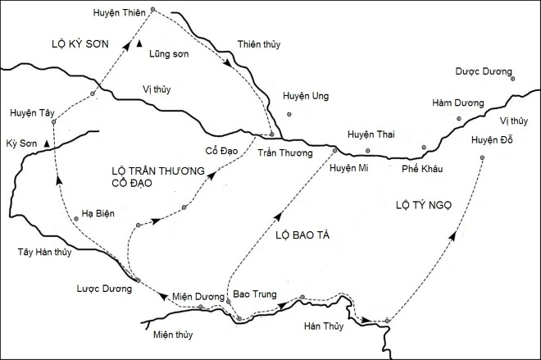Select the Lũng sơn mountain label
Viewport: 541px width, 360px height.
(x=170, y=56)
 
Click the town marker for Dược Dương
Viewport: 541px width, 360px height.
(x=512, y=80)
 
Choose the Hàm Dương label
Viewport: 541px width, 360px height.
(x=453, y=103)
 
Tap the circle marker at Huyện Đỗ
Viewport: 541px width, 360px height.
(x=482, y=157)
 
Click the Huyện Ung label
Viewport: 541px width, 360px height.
(x=305, y=96)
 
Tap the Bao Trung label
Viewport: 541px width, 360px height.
(x=253, y=291)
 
